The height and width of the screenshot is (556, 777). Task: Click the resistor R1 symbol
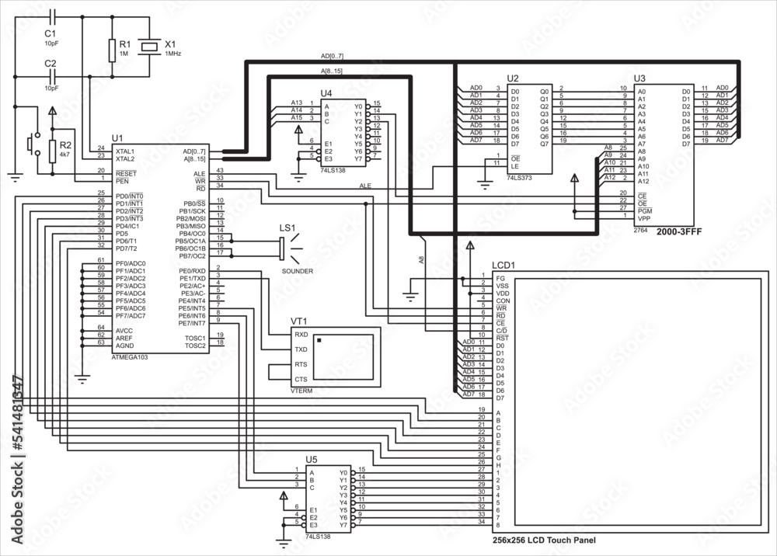pos(112,50)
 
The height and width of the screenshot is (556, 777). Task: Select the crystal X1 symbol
pos(151,47)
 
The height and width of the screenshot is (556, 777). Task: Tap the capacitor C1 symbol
pos(52,16)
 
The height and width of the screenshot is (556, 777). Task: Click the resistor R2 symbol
pos(52,151)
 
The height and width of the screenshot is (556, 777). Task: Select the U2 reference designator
pos(512,78)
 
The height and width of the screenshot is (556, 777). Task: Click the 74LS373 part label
pos(519,178)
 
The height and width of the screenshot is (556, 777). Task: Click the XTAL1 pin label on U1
pos(125,151)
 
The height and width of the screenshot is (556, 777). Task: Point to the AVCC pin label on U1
pos(124,330)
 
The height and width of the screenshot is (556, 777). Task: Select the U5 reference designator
pos(312,460)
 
